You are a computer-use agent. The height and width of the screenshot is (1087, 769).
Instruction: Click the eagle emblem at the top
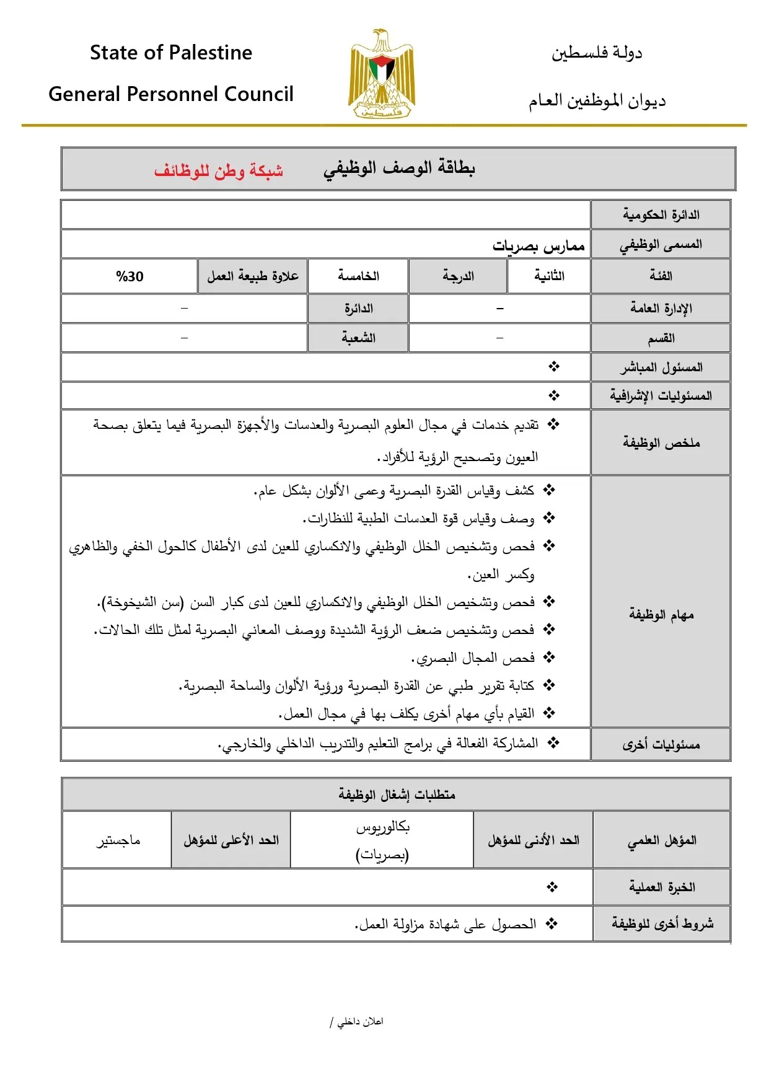(381, 73)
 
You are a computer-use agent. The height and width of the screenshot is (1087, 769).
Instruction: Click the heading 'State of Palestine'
(171, 53)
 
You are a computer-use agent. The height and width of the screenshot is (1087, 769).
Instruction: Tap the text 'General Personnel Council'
(171, 94)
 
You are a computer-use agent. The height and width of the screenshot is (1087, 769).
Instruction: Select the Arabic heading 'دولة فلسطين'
(597, 53)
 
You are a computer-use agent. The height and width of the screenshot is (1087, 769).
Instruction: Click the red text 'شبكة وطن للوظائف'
(219, 170)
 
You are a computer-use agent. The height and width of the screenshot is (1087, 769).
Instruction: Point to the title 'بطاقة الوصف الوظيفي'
(399, 168)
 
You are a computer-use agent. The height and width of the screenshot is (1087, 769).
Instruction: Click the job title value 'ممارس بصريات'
(538, 246)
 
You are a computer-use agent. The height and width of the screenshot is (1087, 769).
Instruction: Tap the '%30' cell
(130, 276)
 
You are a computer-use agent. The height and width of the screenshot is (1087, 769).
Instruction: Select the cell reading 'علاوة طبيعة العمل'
(253, 276)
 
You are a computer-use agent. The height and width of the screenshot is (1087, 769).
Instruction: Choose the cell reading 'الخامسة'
(358, 276)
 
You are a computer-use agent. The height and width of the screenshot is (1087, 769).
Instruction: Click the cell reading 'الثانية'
(549, 276)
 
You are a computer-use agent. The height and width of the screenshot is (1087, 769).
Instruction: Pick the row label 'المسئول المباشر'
(661, 367)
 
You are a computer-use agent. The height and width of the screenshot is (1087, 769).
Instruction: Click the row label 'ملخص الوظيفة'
(661, 442)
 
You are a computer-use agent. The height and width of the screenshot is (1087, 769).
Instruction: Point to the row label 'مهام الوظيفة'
(661, 614)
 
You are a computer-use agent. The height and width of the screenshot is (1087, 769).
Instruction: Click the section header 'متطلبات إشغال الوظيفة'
(397, 794)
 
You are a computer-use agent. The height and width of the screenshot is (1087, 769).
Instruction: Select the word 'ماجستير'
(118, 840)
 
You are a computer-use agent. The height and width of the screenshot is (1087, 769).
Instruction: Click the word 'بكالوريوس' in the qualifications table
(382, 827)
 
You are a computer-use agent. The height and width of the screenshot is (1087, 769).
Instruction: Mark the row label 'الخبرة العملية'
(662, 887)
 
